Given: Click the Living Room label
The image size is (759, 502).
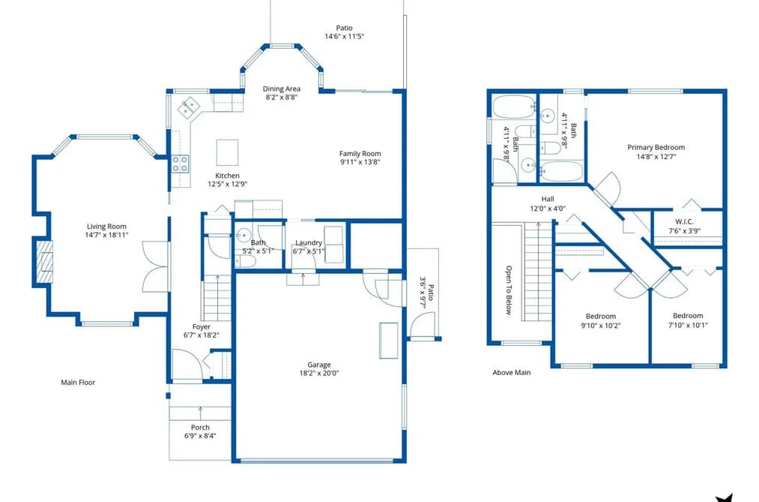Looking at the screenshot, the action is [x=106, y=227].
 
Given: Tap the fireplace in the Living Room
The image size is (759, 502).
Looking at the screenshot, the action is [x=45, y=262].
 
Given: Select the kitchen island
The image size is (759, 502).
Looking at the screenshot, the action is [x=227, y=152].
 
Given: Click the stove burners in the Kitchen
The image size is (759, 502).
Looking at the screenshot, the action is [x=180, y=164].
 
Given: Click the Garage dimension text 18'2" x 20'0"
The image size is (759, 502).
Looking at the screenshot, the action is [x=319, y=373].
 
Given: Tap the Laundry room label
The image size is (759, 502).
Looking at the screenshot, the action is [x=309, y=243].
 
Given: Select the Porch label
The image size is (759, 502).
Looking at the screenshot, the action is [x=200, y=428].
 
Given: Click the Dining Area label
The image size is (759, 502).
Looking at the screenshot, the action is [x=281, y=89].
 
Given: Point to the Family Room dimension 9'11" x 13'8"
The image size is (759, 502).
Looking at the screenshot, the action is [x=360, y=162].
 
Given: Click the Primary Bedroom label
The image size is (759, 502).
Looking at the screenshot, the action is [x=656, y=147].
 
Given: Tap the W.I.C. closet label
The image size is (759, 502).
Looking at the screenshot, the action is [x=685, y=221].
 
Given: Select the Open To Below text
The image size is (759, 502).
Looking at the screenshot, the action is [x=509, y=290].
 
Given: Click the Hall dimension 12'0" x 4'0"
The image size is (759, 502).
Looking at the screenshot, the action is [x=548, y=209].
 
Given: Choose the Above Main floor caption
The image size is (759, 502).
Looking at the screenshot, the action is [x=512, y=373].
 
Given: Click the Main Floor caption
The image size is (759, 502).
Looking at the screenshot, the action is [x=78, y=382].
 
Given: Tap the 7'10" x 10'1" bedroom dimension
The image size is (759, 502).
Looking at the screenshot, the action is [x=687, y=325].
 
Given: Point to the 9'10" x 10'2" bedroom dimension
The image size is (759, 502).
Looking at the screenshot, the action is [x=601, y=326].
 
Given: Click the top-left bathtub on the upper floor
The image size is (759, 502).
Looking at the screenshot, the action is [x=514, y=107].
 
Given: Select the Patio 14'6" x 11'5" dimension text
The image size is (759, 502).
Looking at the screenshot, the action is [x=344, y=36].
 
